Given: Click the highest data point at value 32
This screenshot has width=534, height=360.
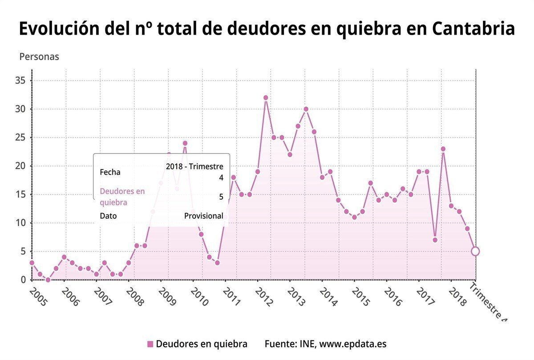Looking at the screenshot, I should pyautogui.click(x=266, y=97).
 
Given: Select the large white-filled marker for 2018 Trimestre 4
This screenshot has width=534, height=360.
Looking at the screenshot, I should pyautogui.click(x=475, y=251).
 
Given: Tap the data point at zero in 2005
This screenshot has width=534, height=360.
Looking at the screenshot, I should pyautogui.click(x=48, y=279).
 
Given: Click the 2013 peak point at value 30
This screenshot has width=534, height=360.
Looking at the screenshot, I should pyautogui.click(x=306, y=109).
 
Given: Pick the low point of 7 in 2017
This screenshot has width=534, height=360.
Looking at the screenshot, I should pyautogui.click(x=435, y=240).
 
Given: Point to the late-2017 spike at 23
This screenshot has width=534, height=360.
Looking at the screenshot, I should pyautogui.click(x=443, y=149).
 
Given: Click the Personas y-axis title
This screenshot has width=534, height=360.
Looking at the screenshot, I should pyautogui.click(x=39, y=57).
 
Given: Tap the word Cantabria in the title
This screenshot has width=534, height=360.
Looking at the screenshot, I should pyautogui.click(x=473, y=29).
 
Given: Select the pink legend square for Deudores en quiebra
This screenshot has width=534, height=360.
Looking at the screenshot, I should pyautogui.click(x=150, y=344).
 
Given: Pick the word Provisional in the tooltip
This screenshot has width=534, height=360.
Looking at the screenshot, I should pyautogui.click(x=203, y=216).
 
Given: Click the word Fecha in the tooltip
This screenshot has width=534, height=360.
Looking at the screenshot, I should pyautogui.click(x=110, y=172).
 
